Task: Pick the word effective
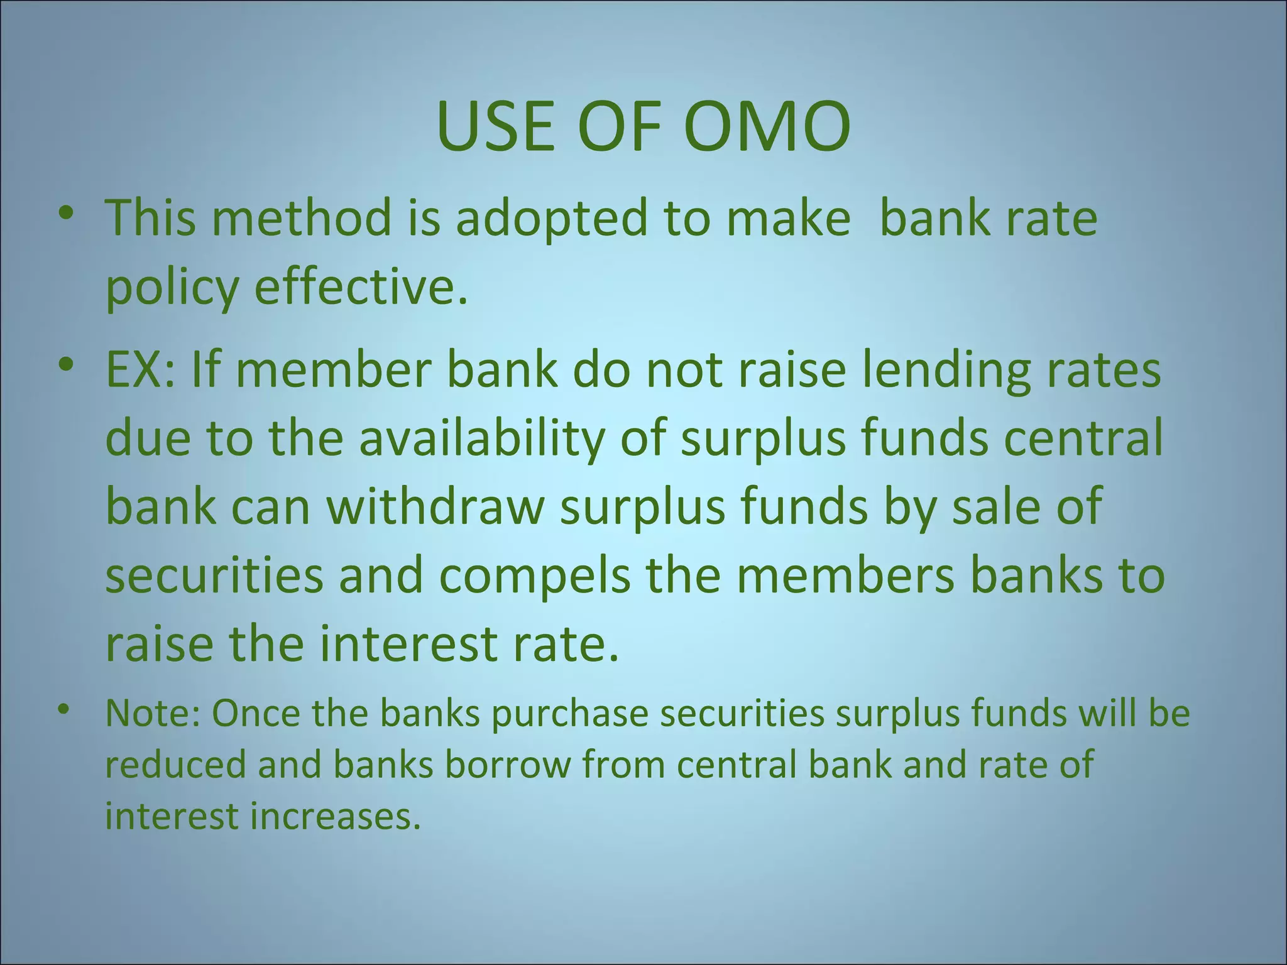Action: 361,287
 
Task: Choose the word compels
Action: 534,577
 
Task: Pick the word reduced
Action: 175,766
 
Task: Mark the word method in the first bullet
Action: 302,218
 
